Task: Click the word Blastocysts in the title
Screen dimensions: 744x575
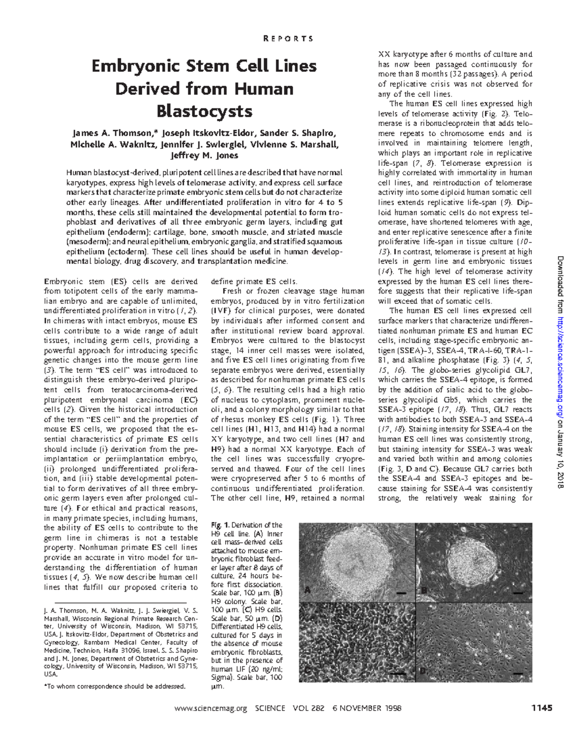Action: pyautogui.click(x=205, y=112)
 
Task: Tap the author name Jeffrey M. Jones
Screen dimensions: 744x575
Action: pyautogui.click(x=205, y=155)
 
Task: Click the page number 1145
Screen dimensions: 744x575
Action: pyautogui.click(x=541, y=708)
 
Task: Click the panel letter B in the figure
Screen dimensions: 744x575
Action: pyautogui.click(x=424, y=590)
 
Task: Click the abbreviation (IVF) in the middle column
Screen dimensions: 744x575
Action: pyautogui.click(x=219, y=311)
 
